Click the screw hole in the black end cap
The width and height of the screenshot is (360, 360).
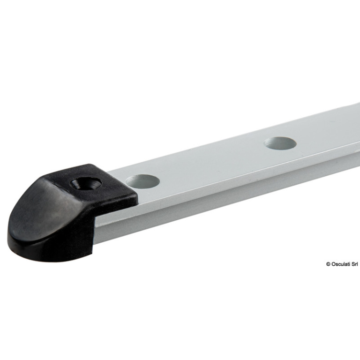tap(86, 183)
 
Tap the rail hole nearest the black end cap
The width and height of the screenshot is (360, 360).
tap(142, 181)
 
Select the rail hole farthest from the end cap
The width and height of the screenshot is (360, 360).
tap(280, 143)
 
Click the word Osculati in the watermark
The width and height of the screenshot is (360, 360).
tap(341, 264)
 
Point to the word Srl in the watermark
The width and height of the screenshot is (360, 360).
tap(355, 264)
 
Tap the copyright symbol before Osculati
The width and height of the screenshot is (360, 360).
tap(328, 264)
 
